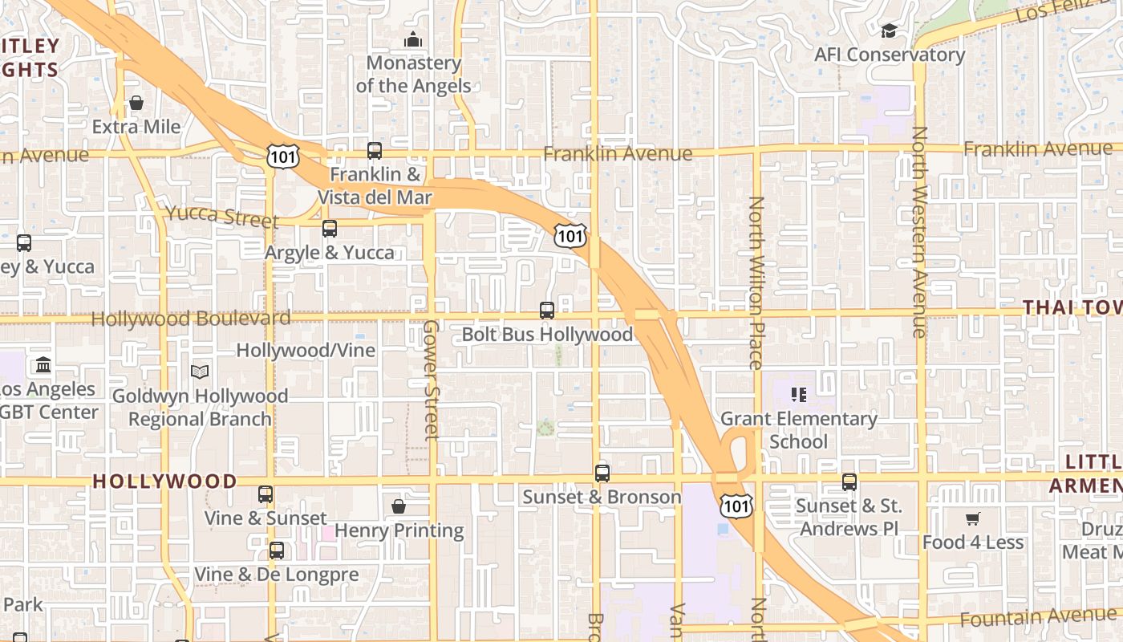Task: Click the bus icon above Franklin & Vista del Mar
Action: pyautogui.click(x=375, y=150)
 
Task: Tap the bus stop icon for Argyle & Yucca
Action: pyautogui.click(x=330, y=229)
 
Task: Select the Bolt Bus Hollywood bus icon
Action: pyautogui.click(x=547, y=311)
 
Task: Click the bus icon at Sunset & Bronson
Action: pyautogui.click(x=602, y=473)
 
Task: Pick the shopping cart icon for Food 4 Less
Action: pyautogui.click(x=973, y=519)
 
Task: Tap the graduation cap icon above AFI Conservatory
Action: pyautogui.click(x=889, y=31)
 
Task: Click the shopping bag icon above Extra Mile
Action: pyautogui.click(x=136, y=104)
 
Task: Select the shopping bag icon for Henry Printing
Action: pyautogui.click(x=399, y=506)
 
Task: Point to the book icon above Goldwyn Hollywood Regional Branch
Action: pyautogui.click(x=200, y=372)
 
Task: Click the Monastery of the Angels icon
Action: pyautogui.click(x=413, y=39)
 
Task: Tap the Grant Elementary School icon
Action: pyautogui.click(x=799, y=394)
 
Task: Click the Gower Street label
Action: pyautogui.click(x=431, y=380)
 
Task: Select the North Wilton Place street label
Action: pyautogui.click(x=756, y=282)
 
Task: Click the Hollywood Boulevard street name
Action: pyautogui.click(x=191, y=319)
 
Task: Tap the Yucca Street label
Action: pyautogui.click(x=222, y=216)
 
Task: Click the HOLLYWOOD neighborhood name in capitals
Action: pyautogui.click(x=165, y=481)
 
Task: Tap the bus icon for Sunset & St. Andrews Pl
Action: pyautogui.click(x=849, y=482)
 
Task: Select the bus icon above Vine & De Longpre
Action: pyautogui.click(x=277, y=551)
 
